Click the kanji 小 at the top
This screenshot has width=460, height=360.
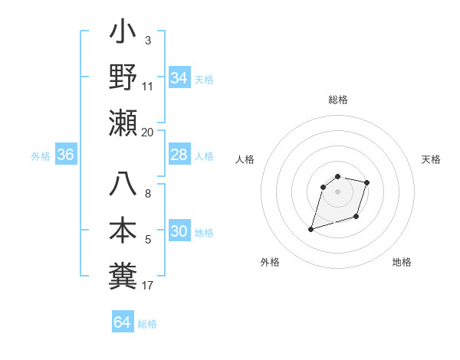123,34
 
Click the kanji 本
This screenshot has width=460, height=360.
123,230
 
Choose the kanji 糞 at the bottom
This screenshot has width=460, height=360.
123,273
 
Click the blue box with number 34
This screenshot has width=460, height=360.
179,78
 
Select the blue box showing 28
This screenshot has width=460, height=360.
179,155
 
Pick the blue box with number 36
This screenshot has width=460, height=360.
66,155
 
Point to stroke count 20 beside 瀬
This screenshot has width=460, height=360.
148,133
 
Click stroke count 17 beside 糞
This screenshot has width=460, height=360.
148,286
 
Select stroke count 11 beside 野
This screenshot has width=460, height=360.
148,87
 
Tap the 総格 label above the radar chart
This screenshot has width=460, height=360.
338,100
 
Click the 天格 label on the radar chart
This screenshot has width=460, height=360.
432,159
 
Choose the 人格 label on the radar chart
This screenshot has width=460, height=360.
245,159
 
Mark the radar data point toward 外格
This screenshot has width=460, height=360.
310,228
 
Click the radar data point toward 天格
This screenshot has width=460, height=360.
367,182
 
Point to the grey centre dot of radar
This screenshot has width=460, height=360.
337,191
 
